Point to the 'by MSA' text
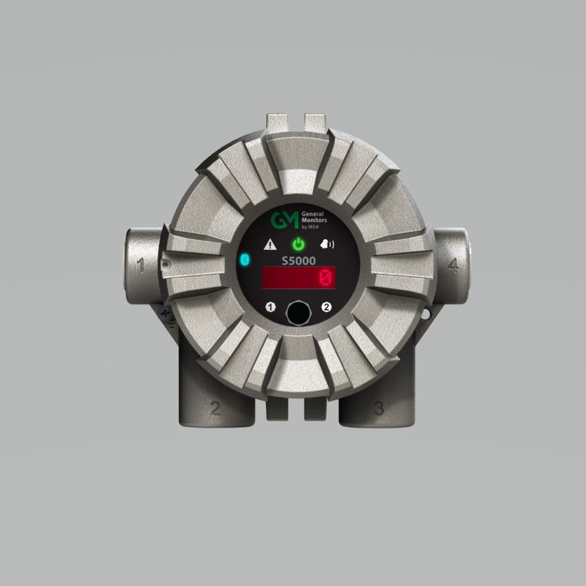309,227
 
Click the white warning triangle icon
270,245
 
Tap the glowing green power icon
299,244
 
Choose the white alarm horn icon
327,244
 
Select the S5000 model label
298,260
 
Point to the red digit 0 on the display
326,278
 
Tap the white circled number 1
271,307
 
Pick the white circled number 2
327,307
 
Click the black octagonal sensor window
298,313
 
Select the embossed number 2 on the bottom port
215,408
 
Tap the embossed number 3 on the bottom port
378,408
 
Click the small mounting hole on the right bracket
426,314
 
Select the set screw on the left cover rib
165,264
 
